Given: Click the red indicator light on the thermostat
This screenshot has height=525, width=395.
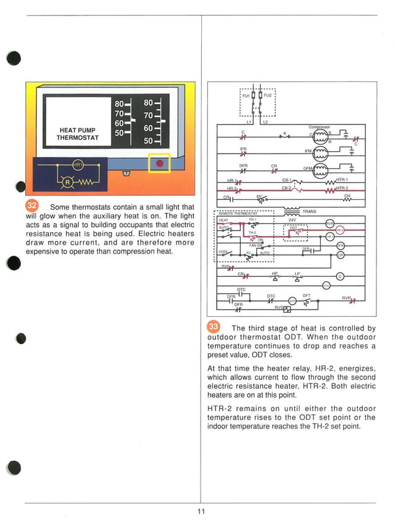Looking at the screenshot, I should click(x=160, y=163).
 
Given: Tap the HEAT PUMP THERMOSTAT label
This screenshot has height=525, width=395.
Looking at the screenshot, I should click(x=77, y=134).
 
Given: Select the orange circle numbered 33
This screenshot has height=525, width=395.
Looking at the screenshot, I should click(x=214, y=326).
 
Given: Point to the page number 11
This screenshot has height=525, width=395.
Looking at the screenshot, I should click(x=201, y=511).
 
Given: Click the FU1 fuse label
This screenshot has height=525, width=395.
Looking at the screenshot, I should click(x=245, y=97).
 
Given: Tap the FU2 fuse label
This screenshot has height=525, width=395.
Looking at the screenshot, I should click(x=267, y=97).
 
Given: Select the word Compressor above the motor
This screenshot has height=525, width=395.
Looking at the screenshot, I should click(x=319, y=127).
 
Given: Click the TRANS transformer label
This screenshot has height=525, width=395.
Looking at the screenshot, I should click(x=309, y=212).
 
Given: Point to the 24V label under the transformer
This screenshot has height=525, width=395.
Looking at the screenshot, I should click(x=292, y=220).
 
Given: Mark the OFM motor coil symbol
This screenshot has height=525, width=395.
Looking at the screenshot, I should click(x=320, y=169).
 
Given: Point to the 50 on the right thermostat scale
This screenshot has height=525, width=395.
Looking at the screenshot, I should click(x=149, y=141).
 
